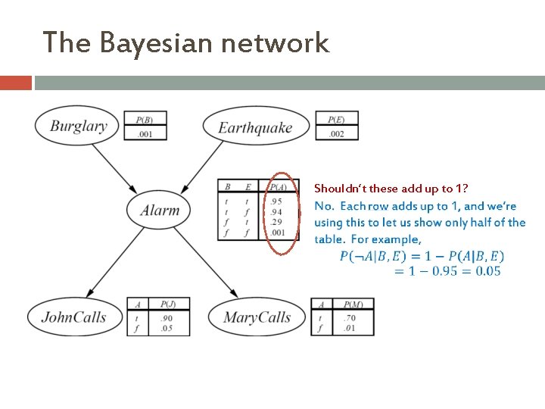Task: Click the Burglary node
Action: pos(78,126)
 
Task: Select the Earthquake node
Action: pos(255,127)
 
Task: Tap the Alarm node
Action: pos(160,210)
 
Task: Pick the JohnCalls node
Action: pos(73,317)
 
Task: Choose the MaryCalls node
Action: pos(257,317)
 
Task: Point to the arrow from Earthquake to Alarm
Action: pos(207,167)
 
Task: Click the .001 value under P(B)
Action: pos(145,135)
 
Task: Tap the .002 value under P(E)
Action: pos(337,135)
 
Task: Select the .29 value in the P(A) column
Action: pos(277,223)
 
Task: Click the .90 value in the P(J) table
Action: pos(167,319)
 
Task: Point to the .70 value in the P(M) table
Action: pos(348,319)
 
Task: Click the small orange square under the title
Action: pos(15,83)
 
